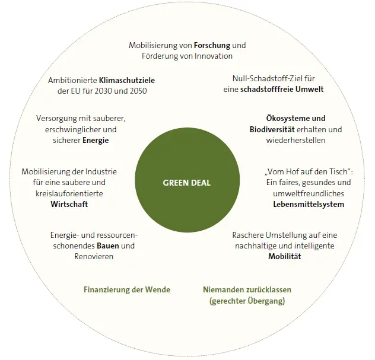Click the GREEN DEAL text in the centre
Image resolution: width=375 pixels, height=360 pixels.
[x=186, y=183]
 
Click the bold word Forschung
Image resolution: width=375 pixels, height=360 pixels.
[x=212, y=45]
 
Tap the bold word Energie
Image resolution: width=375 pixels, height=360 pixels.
[x=96, y=140]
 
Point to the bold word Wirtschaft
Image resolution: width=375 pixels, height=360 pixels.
[x=69, y=204]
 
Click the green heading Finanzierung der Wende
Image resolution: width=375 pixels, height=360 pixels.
[x=127, y=289]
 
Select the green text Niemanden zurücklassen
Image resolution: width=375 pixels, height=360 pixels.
[x=247, y=290]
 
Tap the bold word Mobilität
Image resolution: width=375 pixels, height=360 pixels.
[x=285, y=256]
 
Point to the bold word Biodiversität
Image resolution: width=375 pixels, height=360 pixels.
[x=274, y=129]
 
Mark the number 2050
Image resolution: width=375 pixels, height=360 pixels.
[x=137, y=91]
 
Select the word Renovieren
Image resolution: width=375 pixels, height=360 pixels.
[x=94, y=256]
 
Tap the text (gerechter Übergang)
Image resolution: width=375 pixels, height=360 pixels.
[x=247, y=301]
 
